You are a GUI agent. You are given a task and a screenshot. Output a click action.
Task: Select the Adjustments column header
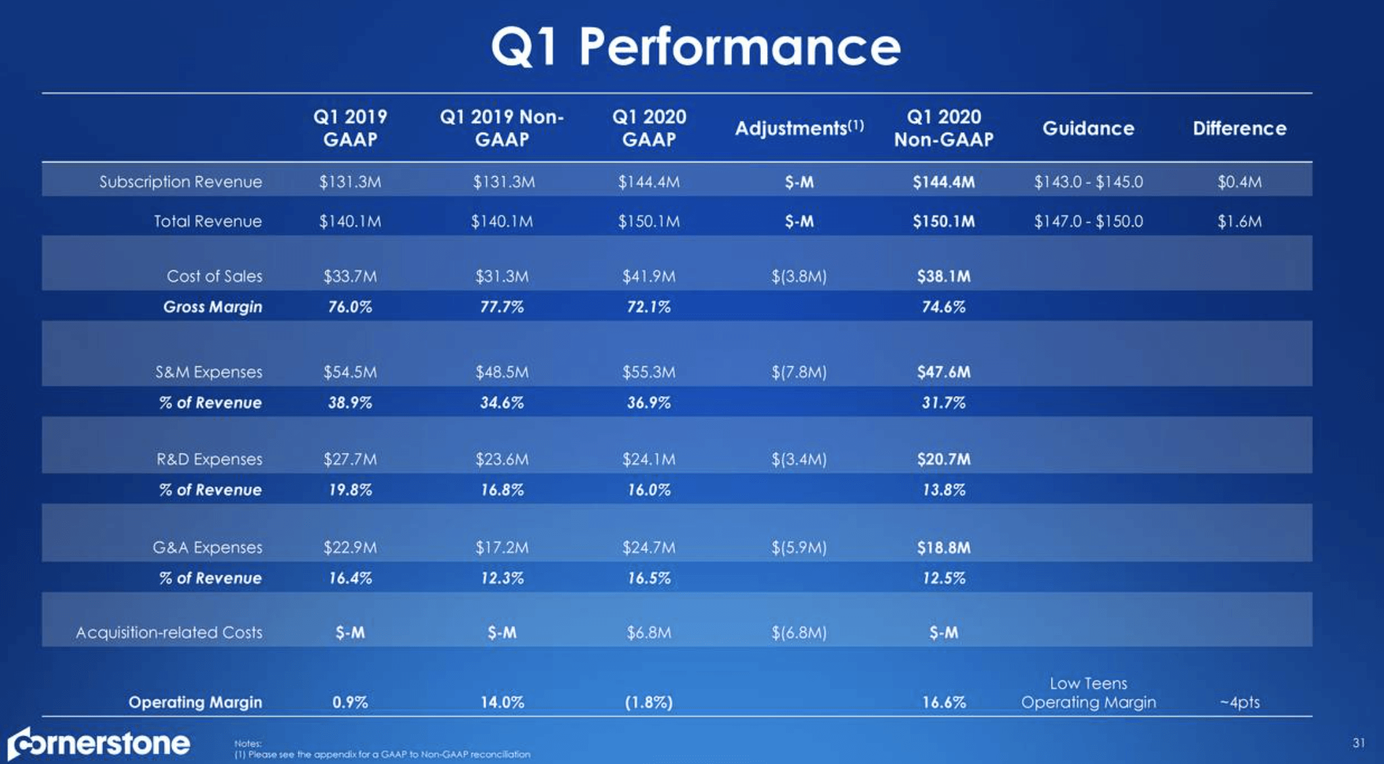coord(798,128)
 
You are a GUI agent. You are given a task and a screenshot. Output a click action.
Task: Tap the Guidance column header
coord(1088,128)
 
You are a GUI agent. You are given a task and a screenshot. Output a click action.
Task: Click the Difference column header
coord(1239,128)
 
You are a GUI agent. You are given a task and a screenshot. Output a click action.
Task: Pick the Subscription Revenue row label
coord(180,181)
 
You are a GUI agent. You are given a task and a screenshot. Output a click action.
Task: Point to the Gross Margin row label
coord(212,306)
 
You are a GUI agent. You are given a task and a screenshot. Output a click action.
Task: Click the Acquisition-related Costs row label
coord(169,632)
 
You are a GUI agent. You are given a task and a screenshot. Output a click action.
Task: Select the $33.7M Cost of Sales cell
coord(350,276)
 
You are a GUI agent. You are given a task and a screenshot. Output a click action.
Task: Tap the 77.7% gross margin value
coord(501,306)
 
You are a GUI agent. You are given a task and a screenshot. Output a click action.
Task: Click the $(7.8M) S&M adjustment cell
coord(798,372)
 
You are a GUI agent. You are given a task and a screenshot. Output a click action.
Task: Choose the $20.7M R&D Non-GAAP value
coord(943,459)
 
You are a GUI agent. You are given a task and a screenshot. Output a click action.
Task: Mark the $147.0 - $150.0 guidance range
coord(1088,222)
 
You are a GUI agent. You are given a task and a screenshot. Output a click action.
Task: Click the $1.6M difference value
coord(1239,222)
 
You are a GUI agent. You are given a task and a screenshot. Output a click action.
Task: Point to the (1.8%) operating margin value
coord(648,702)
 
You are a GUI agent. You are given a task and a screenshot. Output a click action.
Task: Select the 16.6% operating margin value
coord(943,702)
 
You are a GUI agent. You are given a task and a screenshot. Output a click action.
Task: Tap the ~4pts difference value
coord(1239,702)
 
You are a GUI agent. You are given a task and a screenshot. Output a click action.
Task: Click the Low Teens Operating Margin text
coord(1088,693)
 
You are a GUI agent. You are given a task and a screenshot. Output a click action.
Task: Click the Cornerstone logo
coord(99,744)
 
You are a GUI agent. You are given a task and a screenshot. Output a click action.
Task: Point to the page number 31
coord(1358,743)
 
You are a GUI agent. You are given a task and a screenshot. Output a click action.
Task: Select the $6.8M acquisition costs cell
coord(648,633)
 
